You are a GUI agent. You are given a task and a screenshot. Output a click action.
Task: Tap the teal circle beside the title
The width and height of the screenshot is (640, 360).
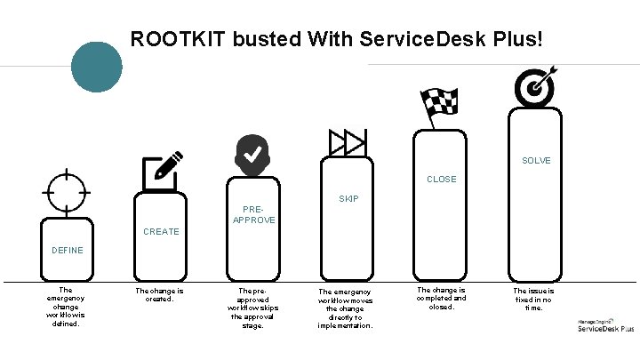click(x=96, y=68)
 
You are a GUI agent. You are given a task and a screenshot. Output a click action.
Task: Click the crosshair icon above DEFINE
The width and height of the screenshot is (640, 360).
click(x=67, y=190)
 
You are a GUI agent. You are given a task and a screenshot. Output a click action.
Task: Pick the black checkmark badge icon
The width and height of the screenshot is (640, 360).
click(x=253, y=156)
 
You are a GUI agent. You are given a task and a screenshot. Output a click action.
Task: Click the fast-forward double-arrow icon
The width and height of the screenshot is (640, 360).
click(x=348, y=141)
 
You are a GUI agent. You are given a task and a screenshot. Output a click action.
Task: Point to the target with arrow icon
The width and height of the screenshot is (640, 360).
click(x=536, y=84)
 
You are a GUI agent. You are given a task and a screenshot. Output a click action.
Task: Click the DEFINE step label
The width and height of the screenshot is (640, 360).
click(x=68, y=251)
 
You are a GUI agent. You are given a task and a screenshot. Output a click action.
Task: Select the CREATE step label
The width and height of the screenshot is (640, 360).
click(x=161, y=232)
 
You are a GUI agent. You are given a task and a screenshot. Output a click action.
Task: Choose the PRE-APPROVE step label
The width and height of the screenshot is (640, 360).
click(x=253, y=214)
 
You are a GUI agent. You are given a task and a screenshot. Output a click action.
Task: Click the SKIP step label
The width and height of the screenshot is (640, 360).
click(x=348, y=199)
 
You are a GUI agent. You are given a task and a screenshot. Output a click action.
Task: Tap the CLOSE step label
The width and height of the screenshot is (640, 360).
click(x=441, y=180)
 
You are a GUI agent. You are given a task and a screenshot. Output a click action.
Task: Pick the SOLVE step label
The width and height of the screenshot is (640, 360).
click(x=536, y=161)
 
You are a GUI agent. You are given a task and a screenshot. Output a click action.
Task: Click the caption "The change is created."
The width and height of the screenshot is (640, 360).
click(x=159, y=294)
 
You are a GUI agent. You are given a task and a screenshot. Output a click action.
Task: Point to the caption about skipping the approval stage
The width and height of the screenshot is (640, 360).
click(x=253, y=308)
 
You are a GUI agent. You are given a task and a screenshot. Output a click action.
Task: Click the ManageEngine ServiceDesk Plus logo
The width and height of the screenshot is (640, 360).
click(x=605, y=325)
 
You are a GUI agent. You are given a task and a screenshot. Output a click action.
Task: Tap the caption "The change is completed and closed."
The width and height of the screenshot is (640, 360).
click(x=441, y=299)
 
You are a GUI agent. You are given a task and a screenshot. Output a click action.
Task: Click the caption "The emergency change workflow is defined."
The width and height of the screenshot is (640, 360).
click(x=65, y=306)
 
